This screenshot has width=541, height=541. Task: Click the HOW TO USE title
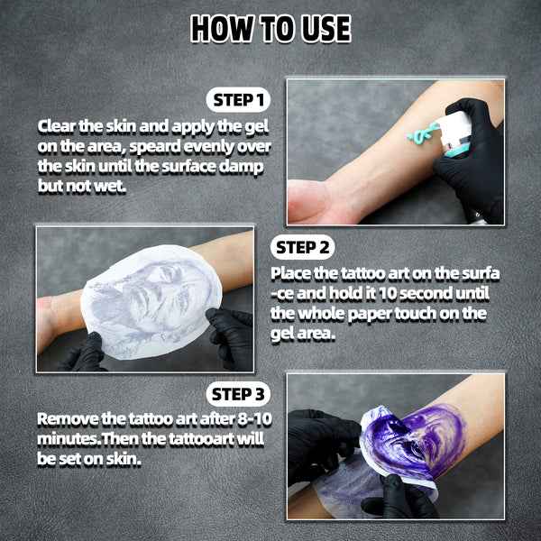pos(270,29)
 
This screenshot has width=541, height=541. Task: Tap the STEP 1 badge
pos(238,100)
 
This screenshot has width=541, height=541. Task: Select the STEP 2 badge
pos(303,247)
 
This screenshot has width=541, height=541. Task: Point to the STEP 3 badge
pos(238,394)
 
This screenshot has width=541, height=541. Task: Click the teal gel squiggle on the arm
pos(423,133)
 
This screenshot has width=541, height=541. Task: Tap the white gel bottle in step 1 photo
pos(455,133)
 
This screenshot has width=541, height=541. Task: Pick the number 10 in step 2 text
pos(387,293)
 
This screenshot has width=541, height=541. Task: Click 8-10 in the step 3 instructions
pos(254,419)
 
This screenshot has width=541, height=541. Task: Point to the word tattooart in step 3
pos(197,439)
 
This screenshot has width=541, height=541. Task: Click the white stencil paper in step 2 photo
pos(151,302)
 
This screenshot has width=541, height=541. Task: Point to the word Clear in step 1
pos(56,126)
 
